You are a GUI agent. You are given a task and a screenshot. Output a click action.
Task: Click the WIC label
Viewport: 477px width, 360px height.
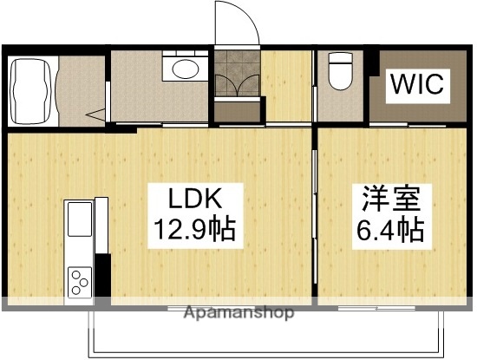coord(416,84)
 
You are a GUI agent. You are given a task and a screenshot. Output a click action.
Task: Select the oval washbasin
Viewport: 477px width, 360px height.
coord(184,69)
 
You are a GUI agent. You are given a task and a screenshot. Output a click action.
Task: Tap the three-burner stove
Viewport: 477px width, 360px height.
coord(79,281)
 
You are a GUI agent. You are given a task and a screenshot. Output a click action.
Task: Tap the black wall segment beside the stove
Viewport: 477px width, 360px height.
coord(102,276)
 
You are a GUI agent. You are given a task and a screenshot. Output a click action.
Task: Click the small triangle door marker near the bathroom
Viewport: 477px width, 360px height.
coord(96,113)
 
